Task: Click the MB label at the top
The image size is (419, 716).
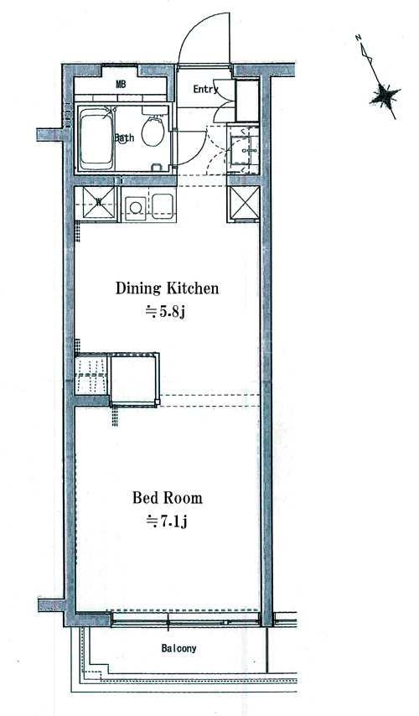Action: pyautogui.click(x=121, y=85)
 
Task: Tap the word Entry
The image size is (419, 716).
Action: pyautogui.click(x=205, y=89)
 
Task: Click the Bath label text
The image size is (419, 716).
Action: pyautogui.click(x=124, y=137)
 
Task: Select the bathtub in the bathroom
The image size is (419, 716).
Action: pyautogui.click(x=96, y=142)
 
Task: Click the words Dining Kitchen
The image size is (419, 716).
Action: pyautogui.click(x=167, y=288)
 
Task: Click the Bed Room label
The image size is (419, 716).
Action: pyautogui.click(x=167, y=497)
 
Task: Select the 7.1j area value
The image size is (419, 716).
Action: pyautogui.click(x=166, y=521)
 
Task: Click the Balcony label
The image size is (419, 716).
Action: pyautogui.click(x=179, y=648)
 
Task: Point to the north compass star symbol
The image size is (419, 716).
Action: pyautogui.click(x=385, y=96)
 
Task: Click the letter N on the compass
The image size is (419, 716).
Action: pyautogui.click(x=360, y=38)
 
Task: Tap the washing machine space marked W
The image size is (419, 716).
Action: pyautogui.click(x=98, y=202)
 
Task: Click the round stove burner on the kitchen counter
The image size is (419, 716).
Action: pyautogui.click(x=136, y=208)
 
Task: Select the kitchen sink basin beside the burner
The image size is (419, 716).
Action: pyautogui.click(x=162, y=205)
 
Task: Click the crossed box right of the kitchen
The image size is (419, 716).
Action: pyautogui.click(x=243, y=203)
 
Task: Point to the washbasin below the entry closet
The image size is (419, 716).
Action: pyautogui.click(x=242, y=148)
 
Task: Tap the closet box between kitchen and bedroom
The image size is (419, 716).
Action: pyautogui.click(x=134, y=379)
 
